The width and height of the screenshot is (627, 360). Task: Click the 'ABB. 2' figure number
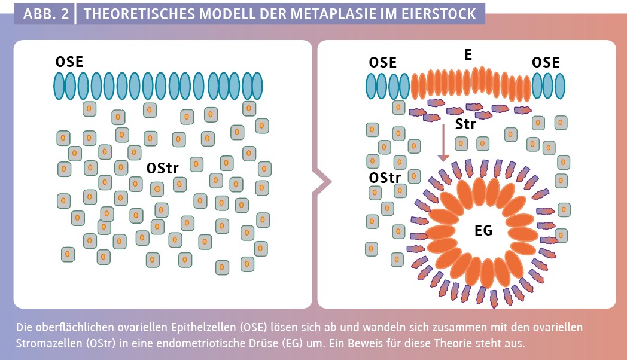(x=46, y=14)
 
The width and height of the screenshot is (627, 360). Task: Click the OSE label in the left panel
(x=69, y=62)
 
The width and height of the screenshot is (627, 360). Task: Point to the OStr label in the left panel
(x=162, y=168)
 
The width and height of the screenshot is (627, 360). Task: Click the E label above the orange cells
(x=468, y=54)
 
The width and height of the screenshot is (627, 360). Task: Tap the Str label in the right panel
(x=466, y=124)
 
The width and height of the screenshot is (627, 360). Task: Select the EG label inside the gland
(x=483, y=230)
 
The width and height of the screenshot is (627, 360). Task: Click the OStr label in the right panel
(x=385, y=178)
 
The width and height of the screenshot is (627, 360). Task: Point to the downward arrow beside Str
(x=443, y=143)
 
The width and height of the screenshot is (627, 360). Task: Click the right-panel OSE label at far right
(x=546, y=62)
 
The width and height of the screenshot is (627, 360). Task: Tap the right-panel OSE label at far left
(x=383, y=62)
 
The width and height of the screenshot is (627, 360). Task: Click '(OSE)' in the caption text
(x=254, y=327)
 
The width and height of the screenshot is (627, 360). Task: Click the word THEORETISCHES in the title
(x=139, y=14)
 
